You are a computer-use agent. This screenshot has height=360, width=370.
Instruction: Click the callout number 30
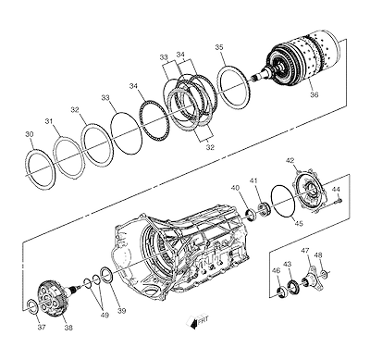30,134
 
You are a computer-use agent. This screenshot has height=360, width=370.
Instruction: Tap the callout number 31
49,121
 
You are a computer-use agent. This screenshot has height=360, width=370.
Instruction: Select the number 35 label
219,47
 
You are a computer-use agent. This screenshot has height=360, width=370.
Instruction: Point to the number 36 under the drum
314,94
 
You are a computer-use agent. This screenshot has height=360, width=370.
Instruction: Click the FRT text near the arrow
203,320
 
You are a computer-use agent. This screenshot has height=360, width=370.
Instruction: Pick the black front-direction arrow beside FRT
193,323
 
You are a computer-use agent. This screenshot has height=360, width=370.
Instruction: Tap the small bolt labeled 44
339,201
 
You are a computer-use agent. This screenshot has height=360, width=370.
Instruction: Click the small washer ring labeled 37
32,305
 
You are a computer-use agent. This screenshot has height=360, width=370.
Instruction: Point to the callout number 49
105,316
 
